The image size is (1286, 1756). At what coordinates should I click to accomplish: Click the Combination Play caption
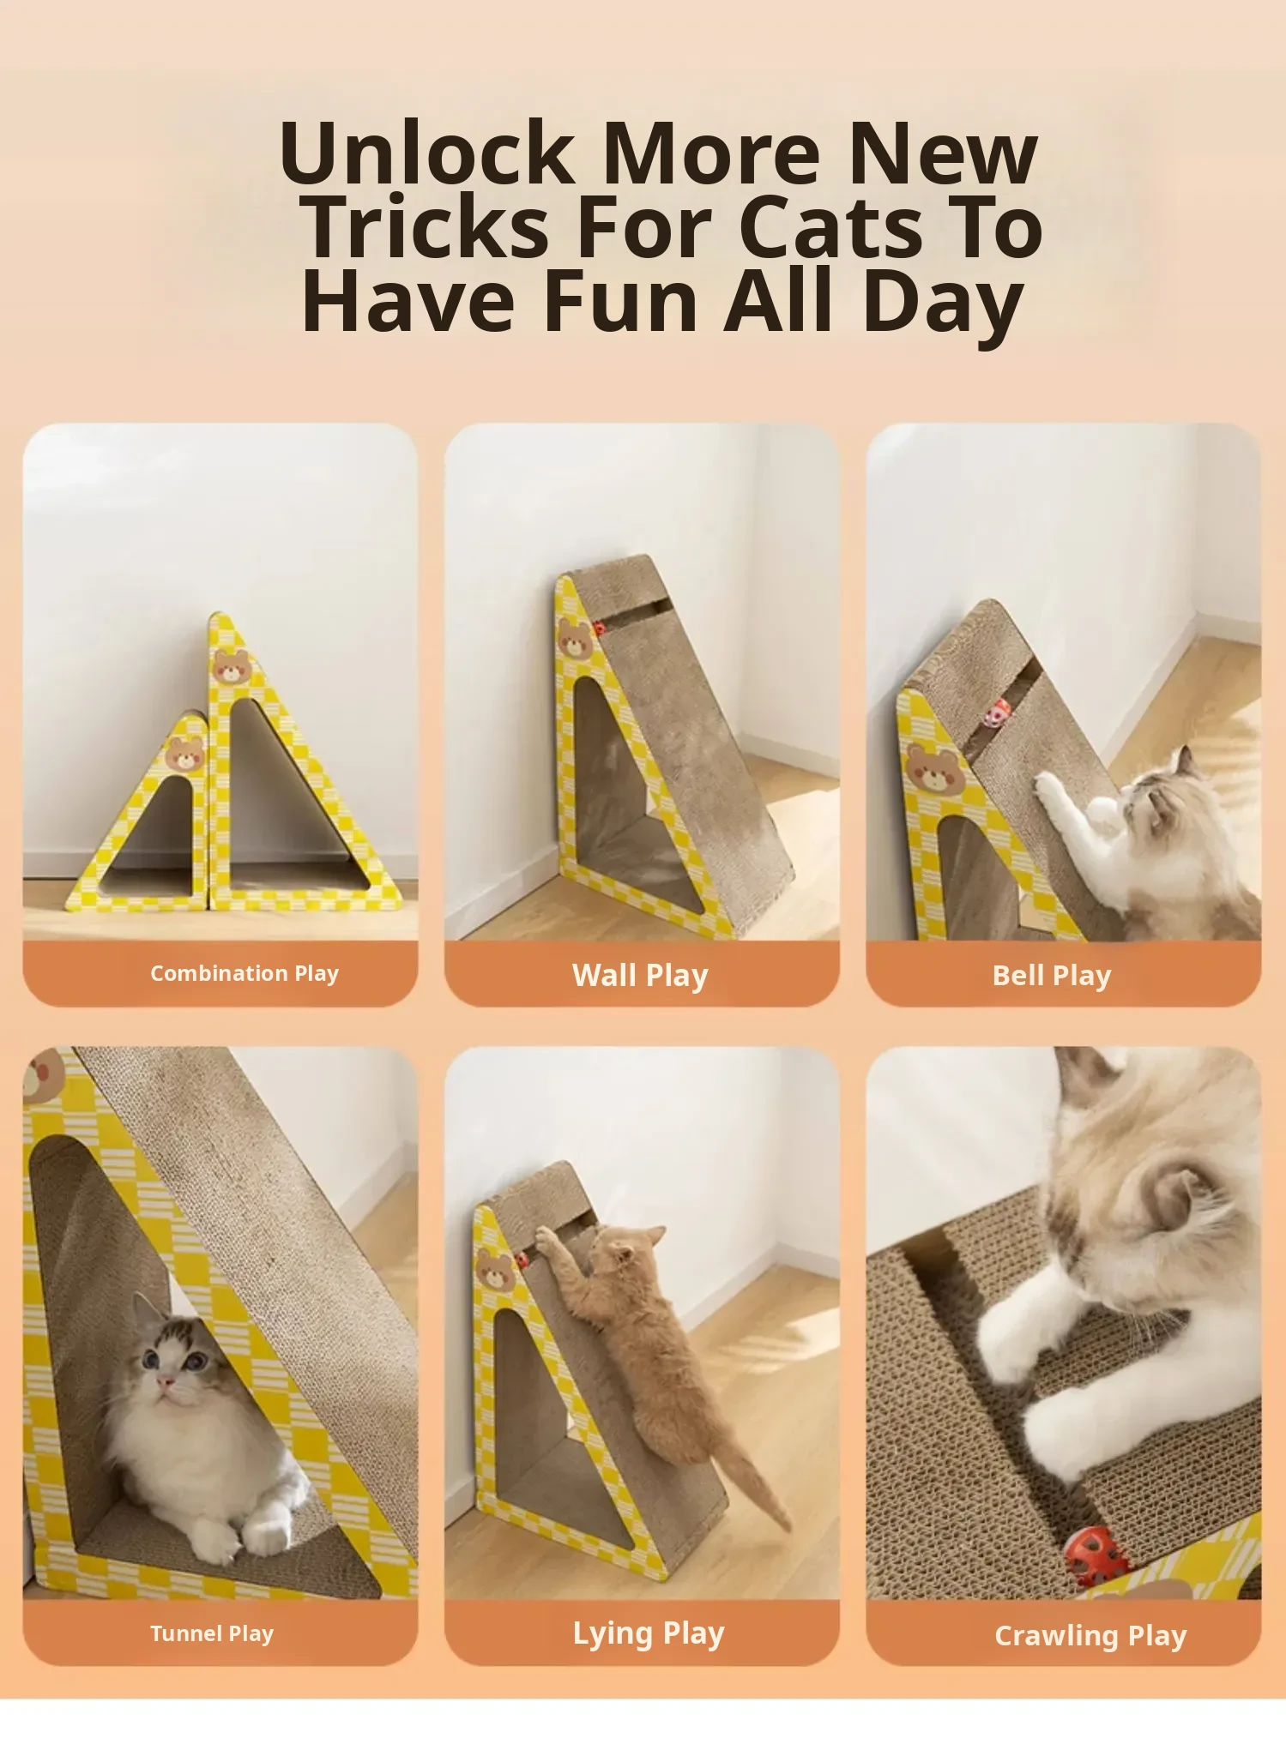click(245, 973)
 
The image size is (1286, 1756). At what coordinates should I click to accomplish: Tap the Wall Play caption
click(640, 975)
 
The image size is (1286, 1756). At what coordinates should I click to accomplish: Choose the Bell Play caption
click(1052, 975)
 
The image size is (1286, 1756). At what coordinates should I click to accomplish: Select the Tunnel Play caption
click(212, 1633)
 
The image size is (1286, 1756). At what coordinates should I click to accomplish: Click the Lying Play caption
click(649, 1633)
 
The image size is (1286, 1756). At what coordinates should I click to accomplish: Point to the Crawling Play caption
click(1090, 1636)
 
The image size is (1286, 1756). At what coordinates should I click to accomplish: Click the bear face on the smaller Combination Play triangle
click(185, 753)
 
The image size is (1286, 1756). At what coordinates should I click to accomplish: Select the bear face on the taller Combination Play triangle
click(232, 666)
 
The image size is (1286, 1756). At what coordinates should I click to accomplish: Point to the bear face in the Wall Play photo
click(575, 640)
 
